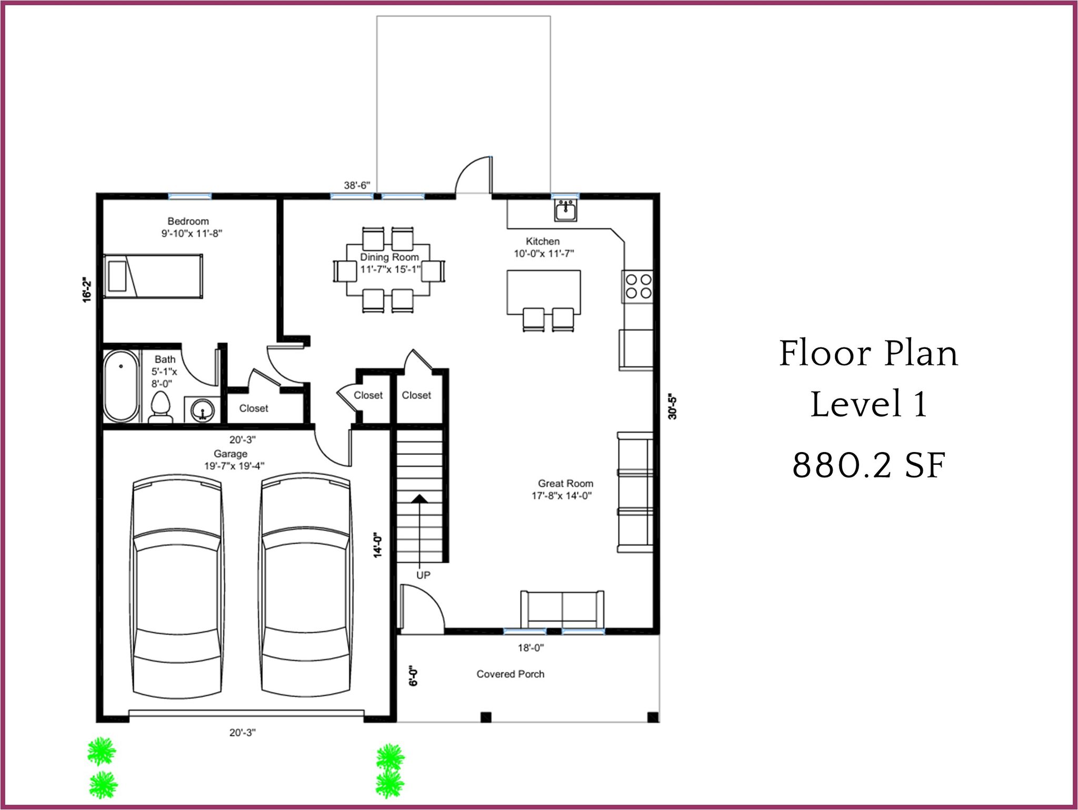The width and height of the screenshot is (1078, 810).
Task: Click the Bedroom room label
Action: click(x=188, y=221)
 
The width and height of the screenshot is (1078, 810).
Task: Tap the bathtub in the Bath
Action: click(x=122, y=385)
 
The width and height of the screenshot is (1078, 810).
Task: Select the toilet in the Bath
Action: click(x=161, y=408)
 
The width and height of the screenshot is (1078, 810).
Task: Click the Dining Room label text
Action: click(x=390, y=257)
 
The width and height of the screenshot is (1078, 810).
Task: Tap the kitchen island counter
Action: click(x=544, y=292)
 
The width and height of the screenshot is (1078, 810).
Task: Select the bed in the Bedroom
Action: click(x=153, y=276)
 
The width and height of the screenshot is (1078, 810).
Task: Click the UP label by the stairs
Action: click(x=423, y=575)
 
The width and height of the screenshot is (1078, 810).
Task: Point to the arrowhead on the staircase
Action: click(x=420, y=498)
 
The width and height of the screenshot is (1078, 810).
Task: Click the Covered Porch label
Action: click(x=511, y=674)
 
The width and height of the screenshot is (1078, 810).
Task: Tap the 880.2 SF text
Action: click(x=869, y=465)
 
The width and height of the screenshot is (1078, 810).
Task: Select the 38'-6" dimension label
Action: click(x=357, y=185)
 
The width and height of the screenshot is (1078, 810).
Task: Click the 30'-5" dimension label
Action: click(x=672, y=406)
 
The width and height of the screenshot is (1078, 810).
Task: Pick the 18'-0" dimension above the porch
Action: click(x=531, y=648)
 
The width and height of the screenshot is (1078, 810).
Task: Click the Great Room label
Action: click(x=565, y=483)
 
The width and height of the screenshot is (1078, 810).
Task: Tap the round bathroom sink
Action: click(x=202, y=409)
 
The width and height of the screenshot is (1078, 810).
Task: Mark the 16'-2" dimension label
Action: click(x=87, y=289)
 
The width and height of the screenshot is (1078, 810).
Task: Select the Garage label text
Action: click(x=231, y=454)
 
